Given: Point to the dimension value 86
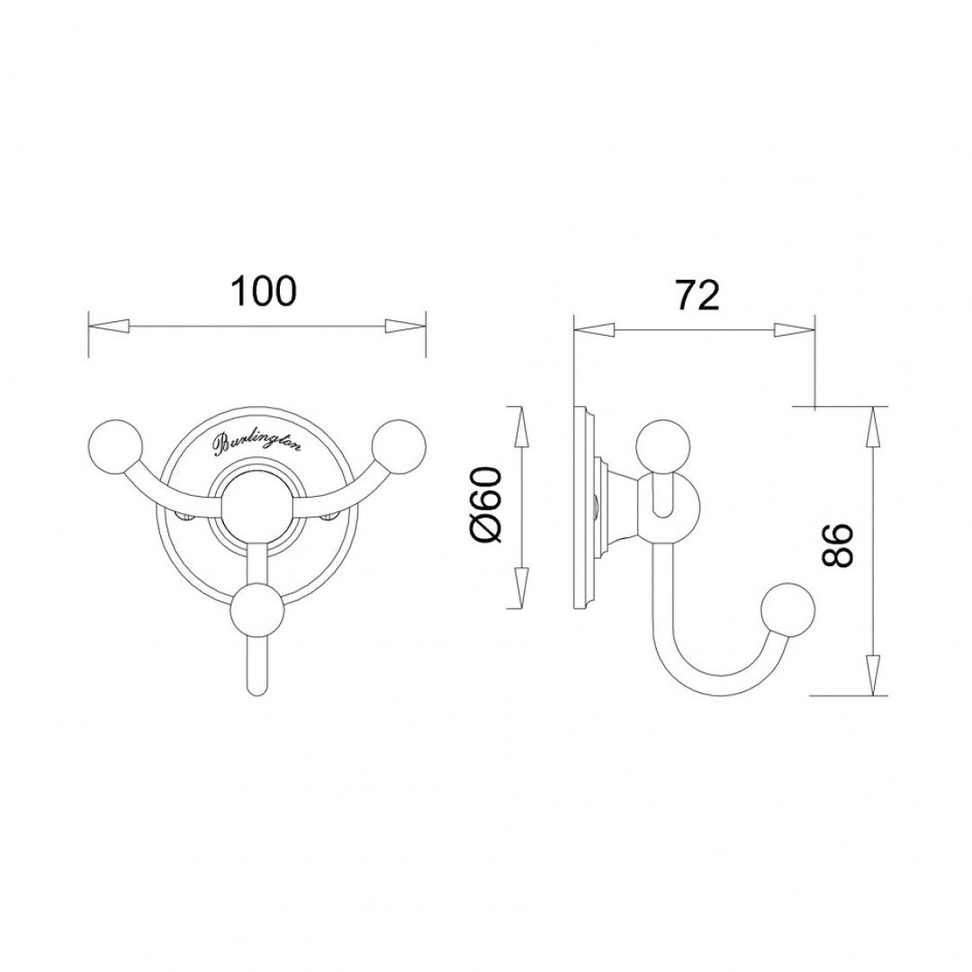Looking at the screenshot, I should [x=837, y=545].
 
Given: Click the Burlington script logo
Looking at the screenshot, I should [x=257, y=442].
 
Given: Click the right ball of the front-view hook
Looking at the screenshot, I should [x=398, y=443].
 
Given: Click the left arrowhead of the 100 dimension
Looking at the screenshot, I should [x=109, y=326].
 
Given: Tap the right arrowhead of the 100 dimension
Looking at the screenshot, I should [x=404, y=326].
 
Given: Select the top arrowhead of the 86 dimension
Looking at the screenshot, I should [x=871, y=427].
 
